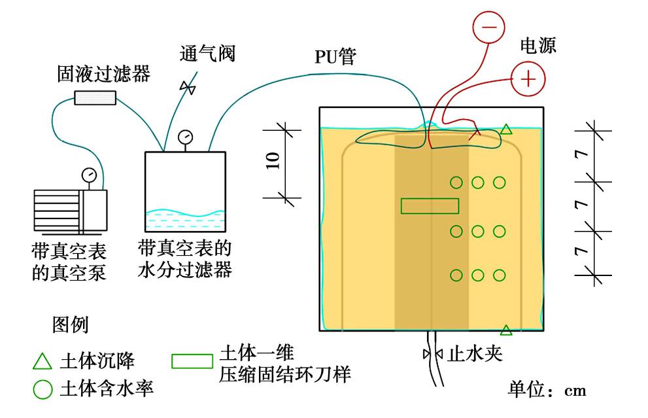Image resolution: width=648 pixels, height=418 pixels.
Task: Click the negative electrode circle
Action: tap(489, 27)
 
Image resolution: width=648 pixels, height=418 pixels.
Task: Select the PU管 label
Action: tap(335, 57)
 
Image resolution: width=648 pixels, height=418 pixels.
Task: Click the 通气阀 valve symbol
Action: tap(188, 87)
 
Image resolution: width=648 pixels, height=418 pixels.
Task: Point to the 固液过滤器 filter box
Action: tap(95, 98)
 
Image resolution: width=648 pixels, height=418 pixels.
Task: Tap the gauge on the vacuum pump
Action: tap(88, 175)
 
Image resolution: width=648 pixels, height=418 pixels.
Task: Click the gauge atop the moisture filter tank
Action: tap(185, 137)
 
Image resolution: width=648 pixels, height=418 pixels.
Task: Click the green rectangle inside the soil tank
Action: tap(430, 205)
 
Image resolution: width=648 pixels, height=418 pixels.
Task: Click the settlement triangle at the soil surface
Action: tap(505, 130)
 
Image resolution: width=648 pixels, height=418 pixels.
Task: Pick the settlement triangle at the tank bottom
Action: tap(505, 329)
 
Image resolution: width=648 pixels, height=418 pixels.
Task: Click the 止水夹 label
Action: tap(473, 354)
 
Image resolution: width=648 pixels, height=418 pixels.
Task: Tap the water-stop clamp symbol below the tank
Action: tap(432, 354)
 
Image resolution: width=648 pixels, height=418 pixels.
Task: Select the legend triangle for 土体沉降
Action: tap(42, 361)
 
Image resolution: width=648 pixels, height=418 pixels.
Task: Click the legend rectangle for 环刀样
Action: tap(192, 361)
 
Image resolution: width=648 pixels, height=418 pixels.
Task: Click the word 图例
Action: tap(70, 324)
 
